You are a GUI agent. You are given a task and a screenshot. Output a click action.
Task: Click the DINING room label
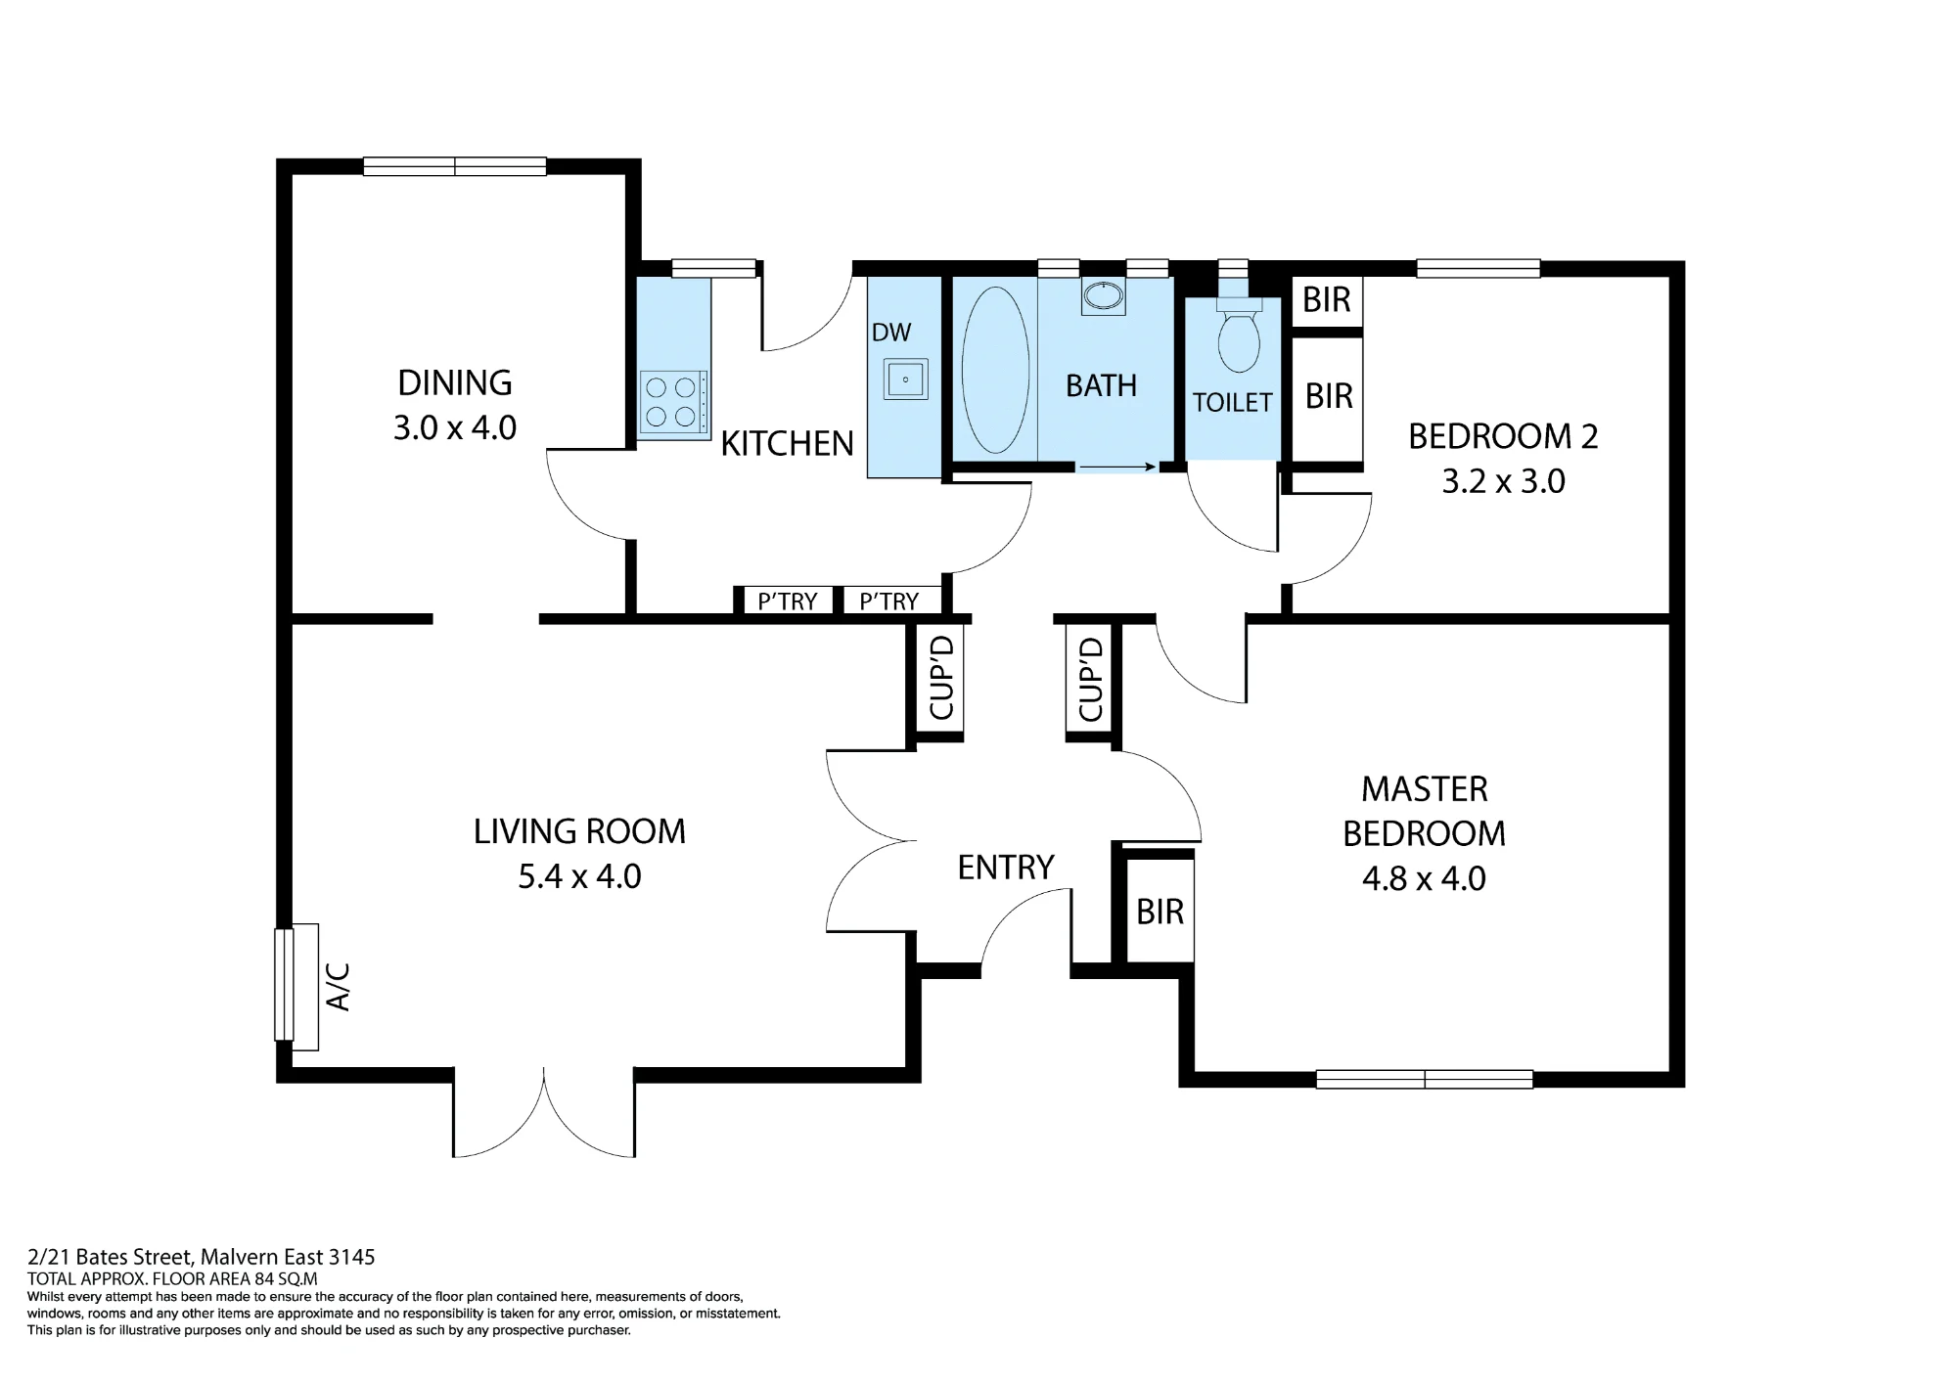(455, 382)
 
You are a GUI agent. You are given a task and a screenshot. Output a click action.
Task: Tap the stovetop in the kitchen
(673, 402)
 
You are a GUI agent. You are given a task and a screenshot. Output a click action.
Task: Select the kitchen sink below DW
(905, 379)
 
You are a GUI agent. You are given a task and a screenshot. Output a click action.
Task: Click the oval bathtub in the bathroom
(995, 369)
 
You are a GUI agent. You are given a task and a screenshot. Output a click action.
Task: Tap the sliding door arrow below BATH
(1116, 468)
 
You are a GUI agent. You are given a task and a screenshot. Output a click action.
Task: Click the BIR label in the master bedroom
(1161, 912)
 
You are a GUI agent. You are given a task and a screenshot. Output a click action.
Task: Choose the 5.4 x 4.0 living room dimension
(579, 876)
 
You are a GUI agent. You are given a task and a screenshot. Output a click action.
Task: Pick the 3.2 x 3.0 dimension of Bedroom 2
(1503, 481)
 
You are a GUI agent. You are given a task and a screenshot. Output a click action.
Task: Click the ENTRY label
(1006, 868)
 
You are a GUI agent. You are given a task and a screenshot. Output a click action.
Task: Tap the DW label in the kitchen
(891, 333)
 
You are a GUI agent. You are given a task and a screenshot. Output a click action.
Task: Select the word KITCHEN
(788, 444)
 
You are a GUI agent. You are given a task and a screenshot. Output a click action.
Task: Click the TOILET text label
(1233, 402)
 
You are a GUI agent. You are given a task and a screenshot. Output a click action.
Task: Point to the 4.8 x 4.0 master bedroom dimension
(1424, 878)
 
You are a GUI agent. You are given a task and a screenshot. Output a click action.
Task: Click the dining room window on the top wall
(455, 166)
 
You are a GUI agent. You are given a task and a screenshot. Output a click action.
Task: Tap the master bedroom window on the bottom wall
(1425, 1079)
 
